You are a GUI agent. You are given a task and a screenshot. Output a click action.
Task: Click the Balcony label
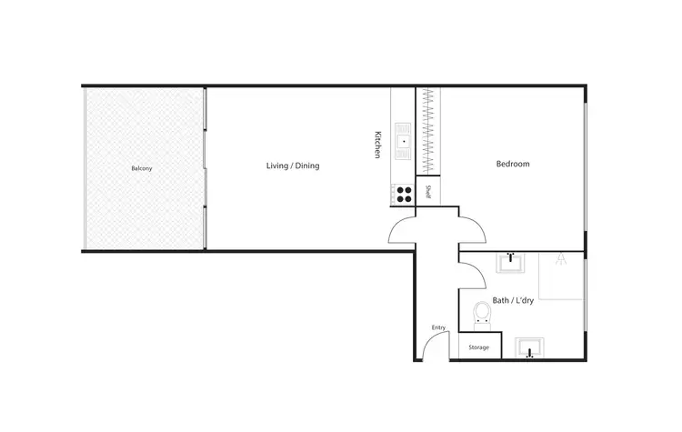coord(141,169)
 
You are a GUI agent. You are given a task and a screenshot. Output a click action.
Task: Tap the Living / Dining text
coord(292,166)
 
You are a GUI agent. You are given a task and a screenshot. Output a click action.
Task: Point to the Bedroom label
coord(513,165)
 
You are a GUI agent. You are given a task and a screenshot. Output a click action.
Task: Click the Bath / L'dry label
coord(513,298)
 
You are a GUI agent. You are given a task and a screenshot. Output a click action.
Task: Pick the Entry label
coord(439,328)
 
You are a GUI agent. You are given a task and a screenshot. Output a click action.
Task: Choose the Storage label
coord(478,348)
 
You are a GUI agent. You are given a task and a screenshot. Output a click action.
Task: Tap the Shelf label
coord(428,192)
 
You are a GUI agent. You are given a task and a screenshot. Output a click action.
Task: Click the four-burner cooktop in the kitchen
coord(402,193)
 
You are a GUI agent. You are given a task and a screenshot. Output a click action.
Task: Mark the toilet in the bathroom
coord(483,314)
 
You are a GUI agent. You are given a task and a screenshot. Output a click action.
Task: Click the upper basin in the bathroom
coord(512,264)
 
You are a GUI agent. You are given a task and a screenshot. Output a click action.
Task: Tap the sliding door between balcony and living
coord(206,167)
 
